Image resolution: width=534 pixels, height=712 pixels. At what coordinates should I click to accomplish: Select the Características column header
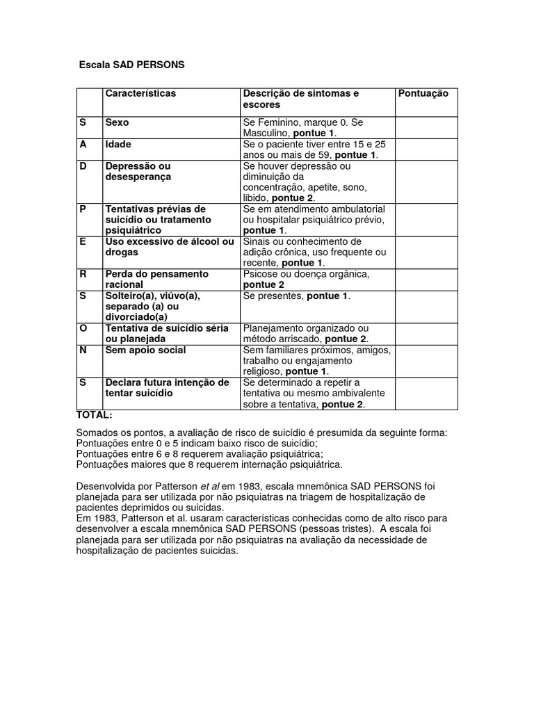click(140, 93)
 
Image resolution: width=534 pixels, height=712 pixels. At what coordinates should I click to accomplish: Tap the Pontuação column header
click(423, 93)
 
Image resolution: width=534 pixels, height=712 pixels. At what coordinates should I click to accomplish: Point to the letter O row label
click(82, 327)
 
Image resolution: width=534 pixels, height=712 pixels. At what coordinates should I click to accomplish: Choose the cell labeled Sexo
click(117, 122)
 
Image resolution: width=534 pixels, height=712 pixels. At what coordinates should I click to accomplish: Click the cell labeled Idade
click(118, 144)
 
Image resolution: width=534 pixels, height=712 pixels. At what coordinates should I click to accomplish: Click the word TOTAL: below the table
click(94, 414)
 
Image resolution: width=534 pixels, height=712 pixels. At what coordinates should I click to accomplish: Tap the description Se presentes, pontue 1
click(296, 296)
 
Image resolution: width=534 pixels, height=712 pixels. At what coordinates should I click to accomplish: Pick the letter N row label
click(82, 350)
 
